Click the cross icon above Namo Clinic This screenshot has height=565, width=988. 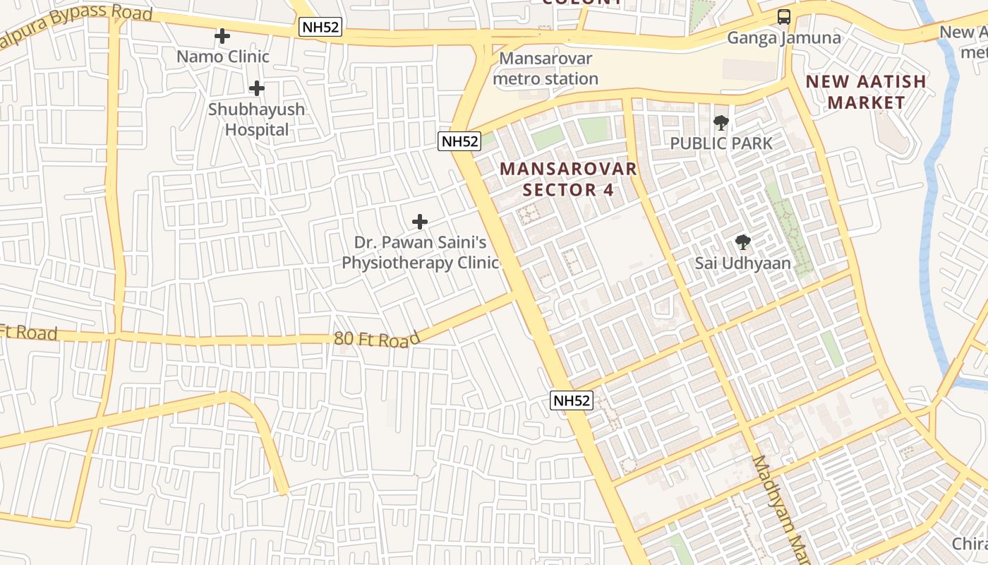[222, 36]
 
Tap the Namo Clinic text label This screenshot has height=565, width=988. [223, 56]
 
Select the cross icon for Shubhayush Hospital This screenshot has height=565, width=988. [257, 88]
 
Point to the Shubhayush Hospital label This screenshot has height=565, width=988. [256, 119]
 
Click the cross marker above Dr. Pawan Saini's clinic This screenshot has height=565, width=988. [420, 222]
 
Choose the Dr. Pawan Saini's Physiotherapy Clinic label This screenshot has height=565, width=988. [420, 253]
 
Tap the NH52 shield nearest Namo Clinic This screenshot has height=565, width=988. [320, 28]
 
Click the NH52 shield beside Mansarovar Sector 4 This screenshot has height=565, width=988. [459, 141]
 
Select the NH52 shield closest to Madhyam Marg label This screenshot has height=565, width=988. [571, 400]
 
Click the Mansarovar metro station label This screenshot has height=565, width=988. [545, 69]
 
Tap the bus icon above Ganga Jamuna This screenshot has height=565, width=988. [783, 17]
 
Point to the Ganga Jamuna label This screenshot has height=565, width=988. [783, 37]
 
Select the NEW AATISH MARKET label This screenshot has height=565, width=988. [866, 92]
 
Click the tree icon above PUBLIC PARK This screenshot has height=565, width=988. [721, 123]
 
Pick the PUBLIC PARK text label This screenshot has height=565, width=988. [721, 143]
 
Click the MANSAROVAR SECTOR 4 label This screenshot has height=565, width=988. [569, 179]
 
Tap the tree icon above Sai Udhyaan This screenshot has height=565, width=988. [742, 243]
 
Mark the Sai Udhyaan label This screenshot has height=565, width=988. [742, 263]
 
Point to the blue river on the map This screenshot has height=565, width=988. [934, 212]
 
